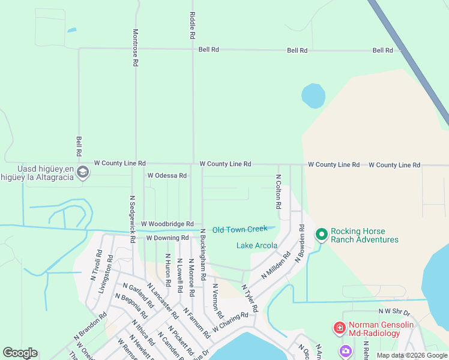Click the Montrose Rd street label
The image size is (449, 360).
[136, 47]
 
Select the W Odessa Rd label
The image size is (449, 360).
[167, 176]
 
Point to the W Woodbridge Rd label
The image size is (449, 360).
[167, 224]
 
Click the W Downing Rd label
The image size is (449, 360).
[168, 238]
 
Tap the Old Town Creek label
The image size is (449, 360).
[240, 229]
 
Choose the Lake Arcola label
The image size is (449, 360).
[257, 245]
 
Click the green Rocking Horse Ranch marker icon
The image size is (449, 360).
[321, 234]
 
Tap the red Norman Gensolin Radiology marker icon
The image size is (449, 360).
[339, 328]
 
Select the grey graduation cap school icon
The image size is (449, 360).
[83, 173]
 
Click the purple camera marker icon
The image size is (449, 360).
[345, 350]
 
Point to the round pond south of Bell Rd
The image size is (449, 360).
[313, 95]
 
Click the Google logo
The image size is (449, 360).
[20, 353]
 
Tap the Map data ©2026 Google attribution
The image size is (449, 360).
[412, 355]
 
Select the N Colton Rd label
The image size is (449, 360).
[279, 192]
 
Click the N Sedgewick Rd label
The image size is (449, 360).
[132, 218]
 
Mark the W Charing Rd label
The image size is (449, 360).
[229, 322]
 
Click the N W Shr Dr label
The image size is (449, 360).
[393, 311]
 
